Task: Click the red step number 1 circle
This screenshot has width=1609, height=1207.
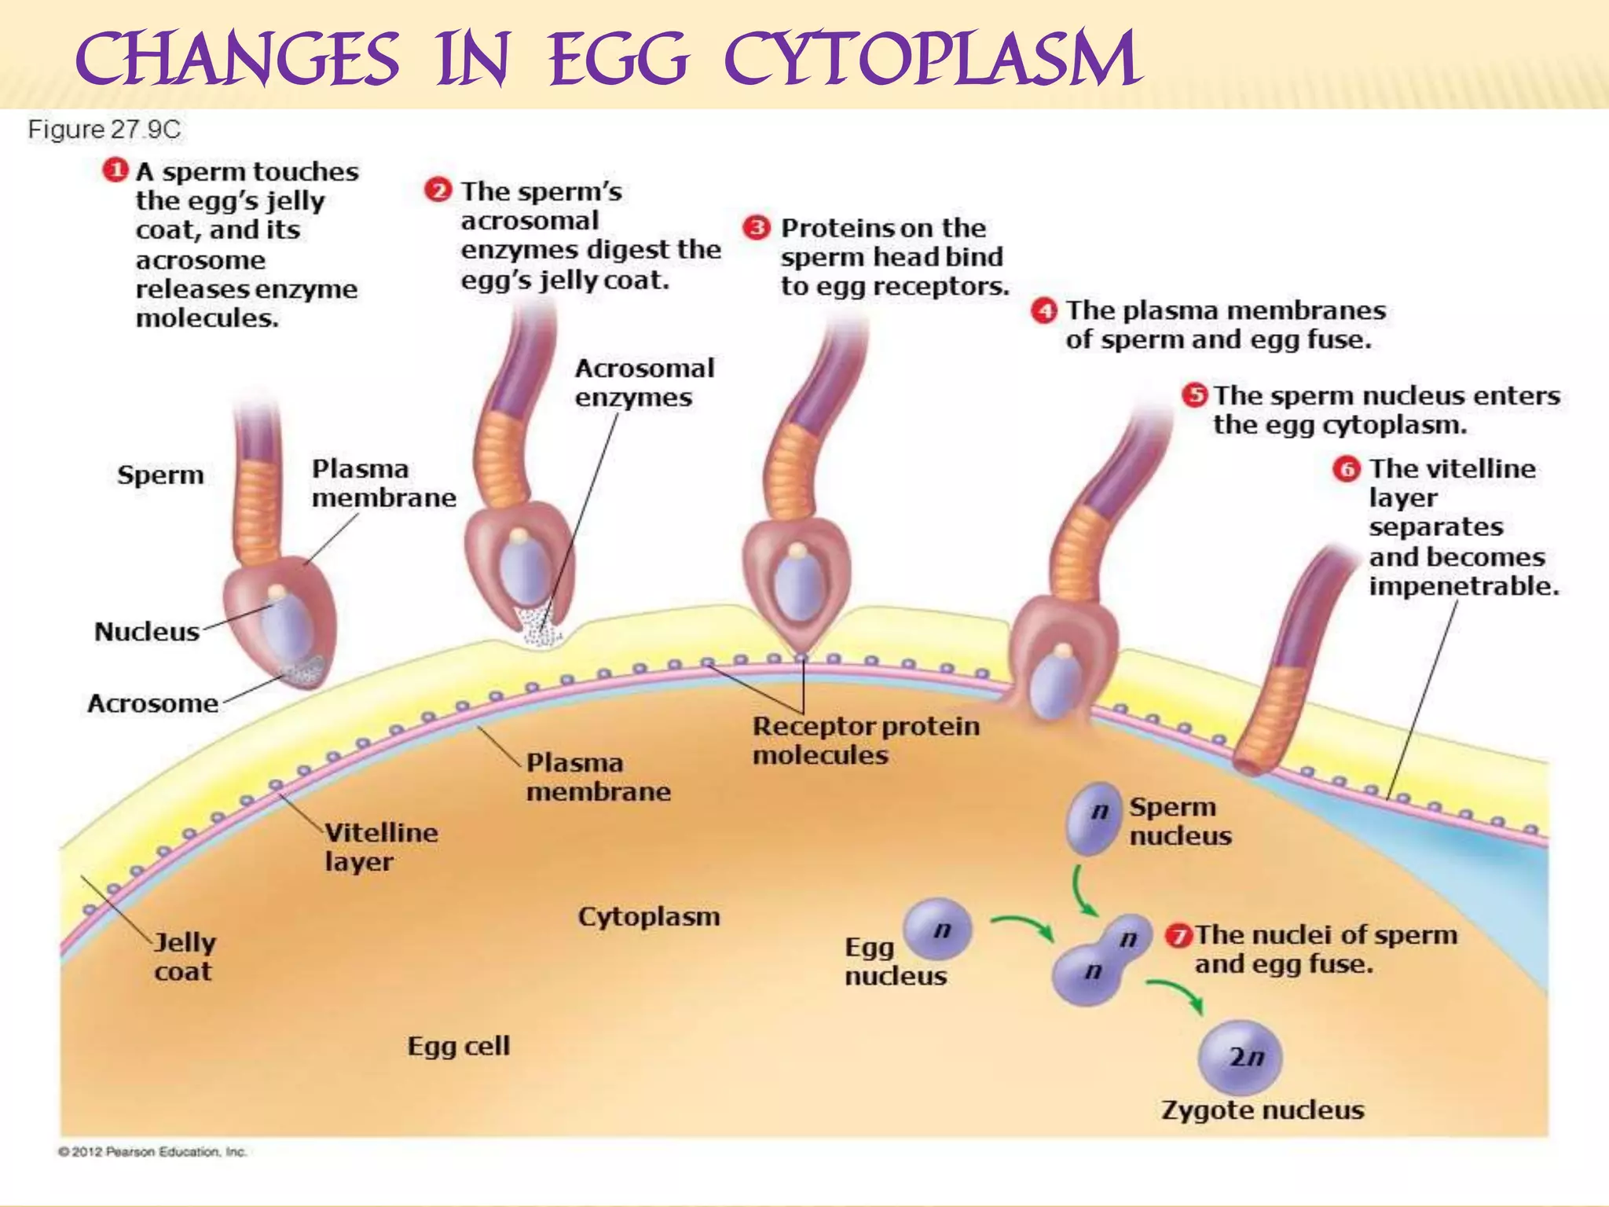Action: point(115,170)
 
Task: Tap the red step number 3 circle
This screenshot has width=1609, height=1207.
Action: point(757,228)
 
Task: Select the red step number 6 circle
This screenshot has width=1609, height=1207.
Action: point(1347,469)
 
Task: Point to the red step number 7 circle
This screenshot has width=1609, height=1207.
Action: point(1178,935)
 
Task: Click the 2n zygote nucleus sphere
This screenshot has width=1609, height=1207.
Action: point(1241,1058)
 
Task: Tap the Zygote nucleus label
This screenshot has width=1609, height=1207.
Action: point(1263,1110)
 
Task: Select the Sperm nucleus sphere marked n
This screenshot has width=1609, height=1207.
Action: point(1094,817)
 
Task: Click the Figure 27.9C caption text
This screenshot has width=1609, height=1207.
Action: point(104,130)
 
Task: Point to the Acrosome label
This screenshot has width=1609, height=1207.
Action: point(152,703)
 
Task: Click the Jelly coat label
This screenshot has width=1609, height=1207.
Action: point(184,956)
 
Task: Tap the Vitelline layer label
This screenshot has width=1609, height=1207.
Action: point(381,847)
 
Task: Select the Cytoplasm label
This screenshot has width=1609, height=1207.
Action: point(649,916)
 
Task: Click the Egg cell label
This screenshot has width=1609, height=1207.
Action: point(459,1046)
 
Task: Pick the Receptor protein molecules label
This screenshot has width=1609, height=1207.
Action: point(865,740)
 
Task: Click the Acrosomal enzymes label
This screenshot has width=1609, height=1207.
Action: point(644,383)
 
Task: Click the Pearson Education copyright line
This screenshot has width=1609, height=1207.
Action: point(152,1152)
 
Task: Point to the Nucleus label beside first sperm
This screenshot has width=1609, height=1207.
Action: point(147,632)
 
